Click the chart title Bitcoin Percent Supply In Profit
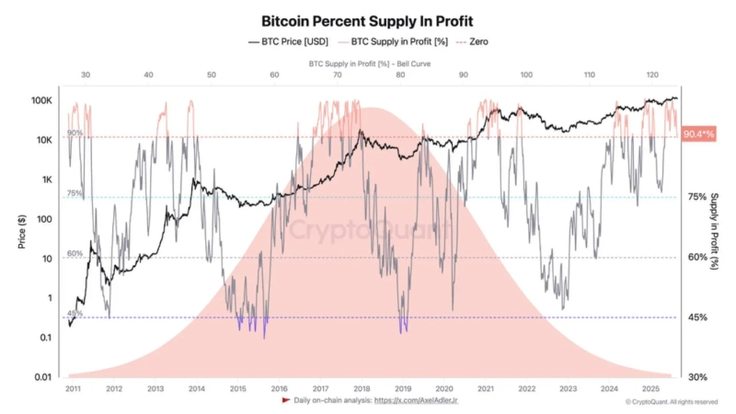coord(367,19)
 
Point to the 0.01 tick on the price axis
coord(43,377)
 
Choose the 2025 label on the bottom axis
coord(652,389)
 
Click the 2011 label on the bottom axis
coord(72,389)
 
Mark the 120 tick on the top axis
coord(650,74)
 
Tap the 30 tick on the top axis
coord(86,74)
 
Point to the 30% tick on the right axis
coord(697,377)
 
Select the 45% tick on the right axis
coord(697,317)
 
